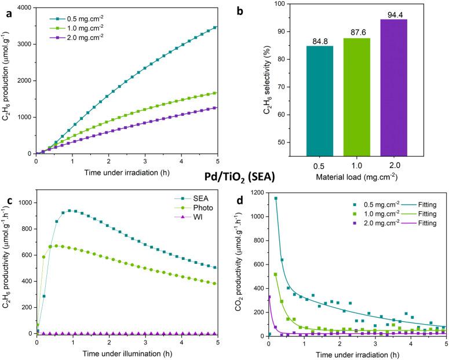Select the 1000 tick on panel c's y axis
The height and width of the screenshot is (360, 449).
(x=23, y=203)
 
